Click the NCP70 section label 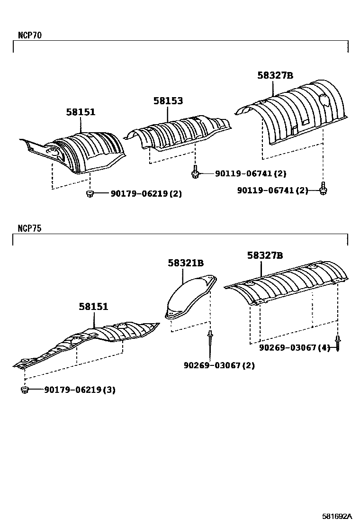pos(29,35)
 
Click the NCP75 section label pos(29,228)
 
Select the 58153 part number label pos(168,101)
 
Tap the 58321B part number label pos(185,263)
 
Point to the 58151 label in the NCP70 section pos(81,112)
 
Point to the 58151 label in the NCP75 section pos(93,307)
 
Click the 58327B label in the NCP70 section pos(275,75)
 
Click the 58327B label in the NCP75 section pos(264,255)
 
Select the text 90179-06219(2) pos(146,194)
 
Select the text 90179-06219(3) pos(80,390)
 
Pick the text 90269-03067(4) pos(294,347)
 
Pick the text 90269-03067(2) pos(219,365)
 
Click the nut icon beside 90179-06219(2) pos(90,193)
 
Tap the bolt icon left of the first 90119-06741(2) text pos(195,173)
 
